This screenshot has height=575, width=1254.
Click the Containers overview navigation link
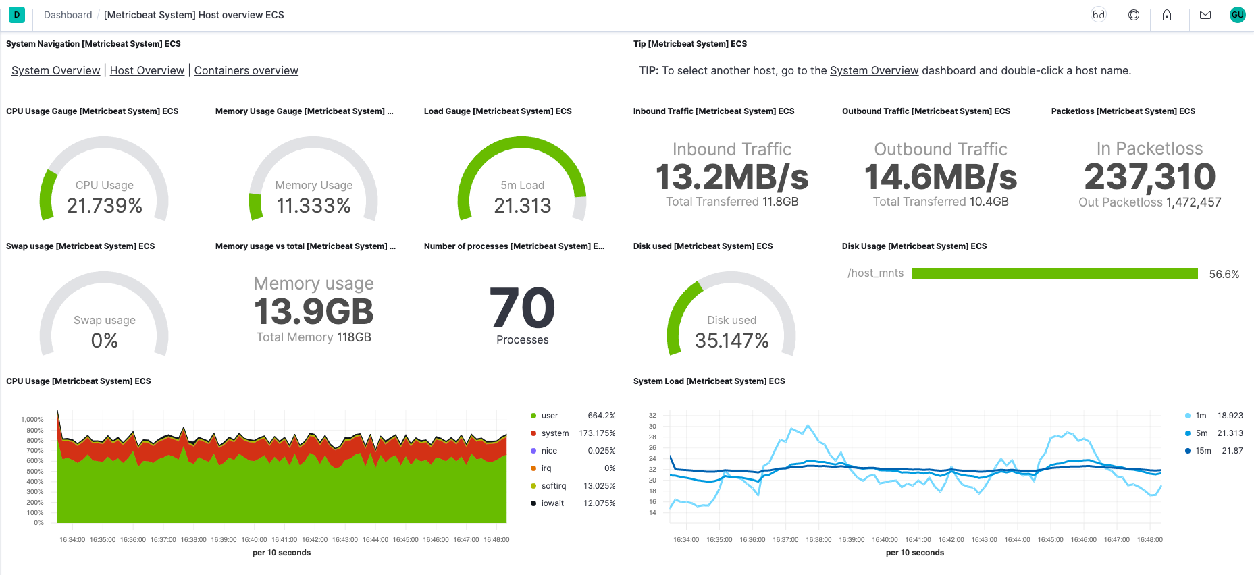point(246,70)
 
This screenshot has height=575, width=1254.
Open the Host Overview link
point(147,70)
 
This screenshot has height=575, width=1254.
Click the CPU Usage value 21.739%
point(105,205)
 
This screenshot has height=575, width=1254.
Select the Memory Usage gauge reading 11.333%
point(313,205)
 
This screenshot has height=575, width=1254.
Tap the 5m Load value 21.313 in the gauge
point(522,205)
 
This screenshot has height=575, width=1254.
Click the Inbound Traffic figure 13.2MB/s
point(731,177)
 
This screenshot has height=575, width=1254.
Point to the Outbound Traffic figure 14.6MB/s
point(941,177)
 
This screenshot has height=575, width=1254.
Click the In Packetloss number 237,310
point(1149,177)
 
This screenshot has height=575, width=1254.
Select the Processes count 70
point(522,308)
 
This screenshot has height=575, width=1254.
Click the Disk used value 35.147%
point(731,340)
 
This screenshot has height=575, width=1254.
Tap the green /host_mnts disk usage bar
point(1054,273)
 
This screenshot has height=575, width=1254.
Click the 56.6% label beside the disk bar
point(1224,274)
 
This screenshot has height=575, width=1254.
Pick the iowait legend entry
point(552,503)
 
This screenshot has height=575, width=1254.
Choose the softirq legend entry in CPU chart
point(553,486)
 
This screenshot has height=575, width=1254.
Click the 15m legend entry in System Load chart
point(1203,451)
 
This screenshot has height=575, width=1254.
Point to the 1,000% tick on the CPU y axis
point(32,420)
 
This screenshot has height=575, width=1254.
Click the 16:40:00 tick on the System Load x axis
point(885,539)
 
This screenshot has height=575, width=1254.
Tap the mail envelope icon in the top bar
point(1205,15)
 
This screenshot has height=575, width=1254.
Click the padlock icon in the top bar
point(1166,15)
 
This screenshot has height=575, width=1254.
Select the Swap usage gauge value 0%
point(105,340)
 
